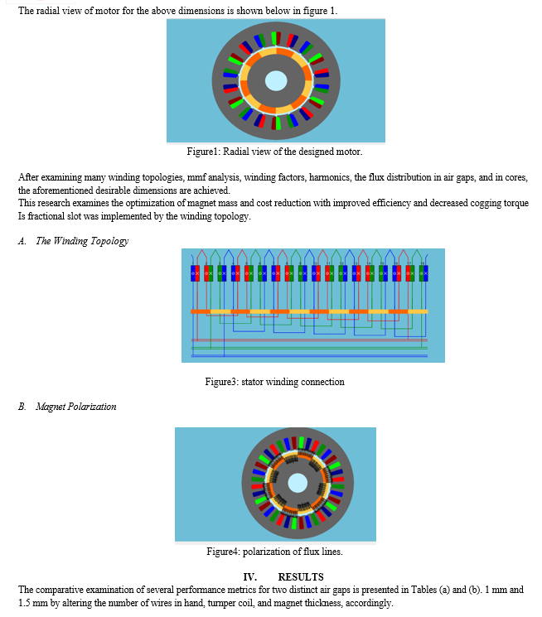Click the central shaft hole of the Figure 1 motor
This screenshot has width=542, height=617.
click(x=276, y=80)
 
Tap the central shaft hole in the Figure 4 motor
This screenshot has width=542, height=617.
click(x=298, y=483)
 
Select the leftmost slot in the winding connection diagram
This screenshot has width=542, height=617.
click(x=195, y=273)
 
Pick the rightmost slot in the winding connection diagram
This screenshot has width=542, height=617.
click(x=423, y=273)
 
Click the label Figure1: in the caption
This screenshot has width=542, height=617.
click(x=203, y=152)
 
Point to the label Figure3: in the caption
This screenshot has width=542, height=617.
click(x=222, y=382)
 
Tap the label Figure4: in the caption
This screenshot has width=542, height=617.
click(x=223, y=552)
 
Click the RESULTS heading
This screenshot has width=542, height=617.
click(x=301, y=577)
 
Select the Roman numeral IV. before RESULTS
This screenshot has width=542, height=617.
click(x=250, y=577)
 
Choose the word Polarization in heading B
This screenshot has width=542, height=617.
click(x=92, y=407)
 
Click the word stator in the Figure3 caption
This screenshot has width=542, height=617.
click(x=252, y=382)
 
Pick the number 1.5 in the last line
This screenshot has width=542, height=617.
click(x=24, y=603)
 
